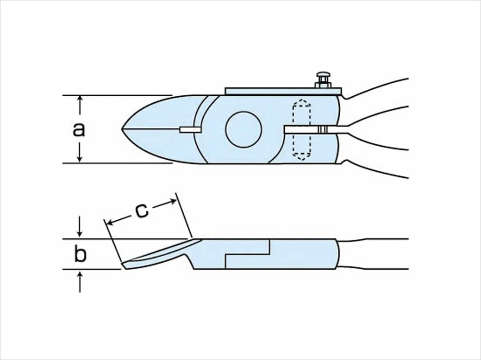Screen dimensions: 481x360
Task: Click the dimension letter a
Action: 79,130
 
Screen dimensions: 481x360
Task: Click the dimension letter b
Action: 81,254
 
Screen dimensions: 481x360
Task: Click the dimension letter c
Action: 142,211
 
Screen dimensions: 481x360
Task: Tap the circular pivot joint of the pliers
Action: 244,129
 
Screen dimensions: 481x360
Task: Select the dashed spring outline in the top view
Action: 302,130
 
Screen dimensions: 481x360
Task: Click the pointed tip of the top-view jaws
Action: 122,130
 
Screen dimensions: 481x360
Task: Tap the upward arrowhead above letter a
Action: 80,99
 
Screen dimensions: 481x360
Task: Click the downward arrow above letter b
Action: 80,227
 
